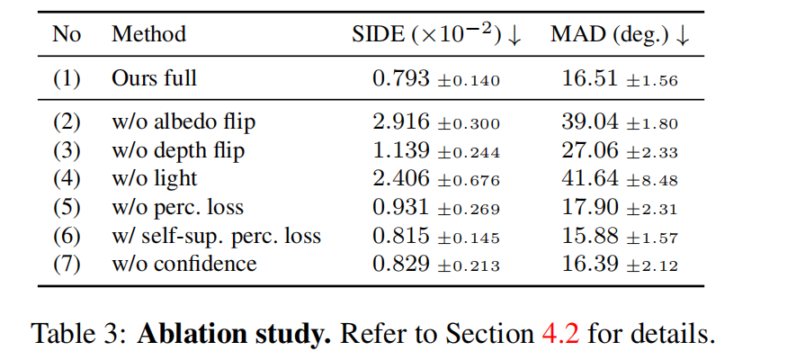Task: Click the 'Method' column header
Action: tap(148, 35)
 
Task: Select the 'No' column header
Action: tap(67, 35)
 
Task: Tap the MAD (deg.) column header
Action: tap(621, 35)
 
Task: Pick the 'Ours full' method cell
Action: tap(154, 79)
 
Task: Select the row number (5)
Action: tap(67, 207)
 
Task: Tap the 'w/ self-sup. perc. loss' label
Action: tap(216, 236)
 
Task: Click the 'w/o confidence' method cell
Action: tap(183, 264)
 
